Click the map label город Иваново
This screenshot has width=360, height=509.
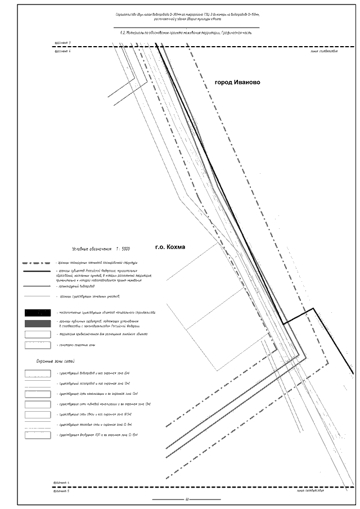237,82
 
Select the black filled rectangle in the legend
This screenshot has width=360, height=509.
38,313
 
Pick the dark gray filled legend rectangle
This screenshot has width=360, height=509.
38,323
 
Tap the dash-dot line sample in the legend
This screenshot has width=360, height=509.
38,263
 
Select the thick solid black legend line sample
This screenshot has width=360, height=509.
38,273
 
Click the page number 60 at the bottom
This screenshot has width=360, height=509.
186,499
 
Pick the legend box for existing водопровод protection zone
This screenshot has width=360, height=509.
38,373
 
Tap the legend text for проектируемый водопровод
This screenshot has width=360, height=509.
79,286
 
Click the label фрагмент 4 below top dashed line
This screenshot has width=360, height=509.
62,52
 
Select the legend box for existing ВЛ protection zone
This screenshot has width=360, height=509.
38,435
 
